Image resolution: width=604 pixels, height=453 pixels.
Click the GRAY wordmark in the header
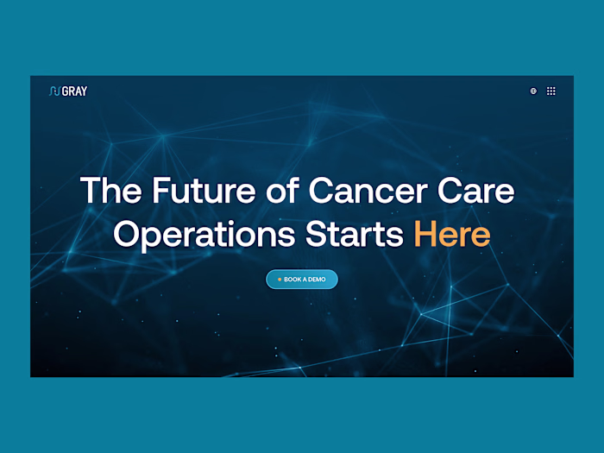pos(74,91)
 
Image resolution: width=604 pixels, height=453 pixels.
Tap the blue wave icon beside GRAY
pos(54,91)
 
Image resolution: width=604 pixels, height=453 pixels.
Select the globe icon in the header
pos(533,91)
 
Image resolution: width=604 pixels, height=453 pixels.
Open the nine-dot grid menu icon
pos(551,91)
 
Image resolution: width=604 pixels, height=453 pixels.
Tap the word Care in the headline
pos(476,191)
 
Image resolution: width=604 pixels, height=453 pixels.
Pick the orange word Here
pos(452,234)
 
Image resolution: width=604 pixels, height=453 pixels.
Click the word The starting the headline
pos(110,191)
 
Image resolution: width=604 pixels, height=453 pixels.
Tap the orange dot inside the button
pos(279,280)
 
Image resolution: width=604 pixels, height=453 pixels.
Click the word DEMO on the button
pos(317,280)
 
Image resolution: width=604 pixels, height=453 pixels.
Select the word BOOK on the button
pos(293,280)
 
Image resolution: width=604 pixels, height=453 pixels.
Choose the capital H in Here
pos(427,234)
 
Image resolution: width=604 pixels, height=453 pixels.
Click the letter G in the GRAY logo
pos(66,91)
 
